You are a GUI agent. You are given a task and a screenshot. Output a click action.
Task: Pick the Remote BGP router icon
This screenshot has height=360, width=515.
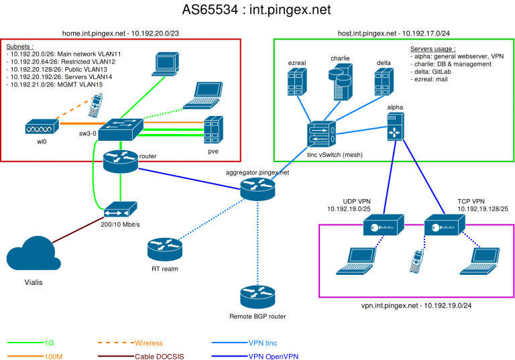tap(257, 296)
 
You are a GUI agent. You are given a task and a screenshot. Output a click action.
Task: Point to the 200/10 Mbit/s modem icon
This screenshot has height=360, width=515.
tap(119, 208)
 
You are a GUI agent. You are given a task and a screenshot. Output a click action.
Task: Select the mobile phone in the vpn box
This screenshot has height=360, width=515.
tap(417, 261)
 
